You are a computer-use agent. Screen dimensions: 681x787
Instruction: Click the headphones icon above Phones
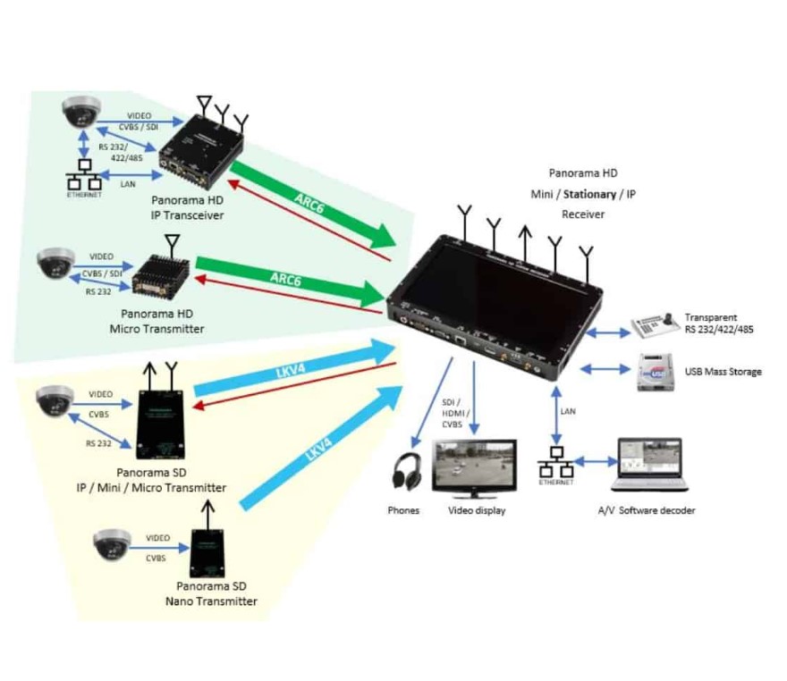(x=408, y=471)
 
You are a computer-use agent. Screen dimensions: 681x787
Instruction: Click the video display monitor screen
(x=474, y=466)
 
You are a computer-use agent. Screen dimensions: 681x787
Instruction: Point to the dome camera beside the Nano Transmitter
(x=112, y=543)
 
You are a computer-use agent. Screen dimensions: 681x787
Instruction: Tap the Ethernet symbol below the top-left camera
(x=84, y=176)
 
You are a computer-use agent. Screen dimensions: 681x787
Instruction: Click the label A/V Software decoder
(x=646, y=510)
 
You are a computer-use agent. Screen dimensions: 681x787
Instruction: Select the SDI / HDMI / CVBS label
(x=452, y=412)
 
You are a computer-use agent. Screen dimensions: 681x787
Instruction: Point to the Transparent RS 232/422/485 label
(x=719, y=324)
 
